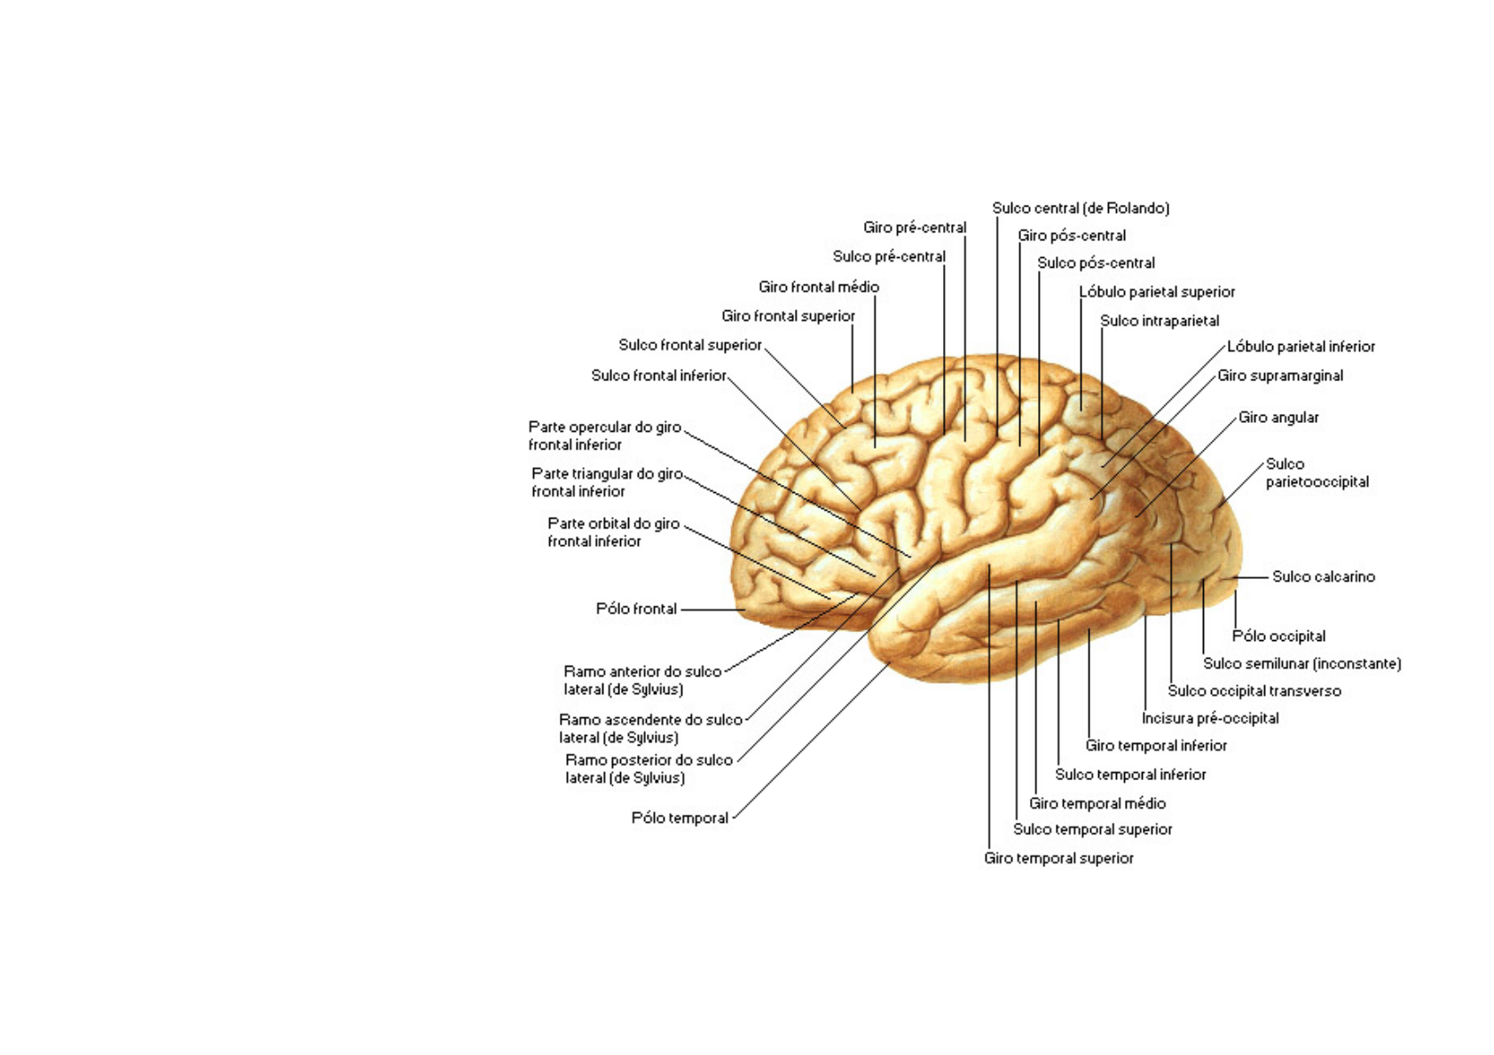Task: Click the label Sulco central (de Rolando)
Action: point(1081,208)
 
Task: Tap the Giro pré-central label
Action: point(915,228)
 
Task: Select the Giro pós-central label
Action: point(1071,236)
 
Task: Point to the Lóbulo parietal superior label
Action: point(1157,292)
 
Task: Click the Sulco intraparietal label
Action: point(1160,321)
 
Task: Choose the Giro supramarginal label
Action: point(1280,376)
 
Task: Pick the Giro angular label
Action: point(1278,418)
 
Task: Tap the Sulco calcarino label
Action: point(1324,576)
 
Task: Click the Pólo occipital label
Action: point(1278,637)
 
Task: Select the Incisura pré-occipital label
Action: point(1210,718)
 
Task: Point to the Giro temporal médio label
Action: point(1097,804)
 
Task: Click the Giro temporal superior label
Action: point(1058,858)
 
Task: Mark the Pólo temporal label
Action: point(680,817)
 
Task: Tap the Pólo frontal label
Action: point(636,609)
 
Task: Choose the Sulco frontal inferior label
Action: point(658,376)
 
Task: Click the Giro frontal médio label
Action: point(818,287)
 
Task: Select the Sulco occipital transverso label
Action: point(1254,692)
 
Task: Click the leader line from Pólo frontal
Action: point(713,610)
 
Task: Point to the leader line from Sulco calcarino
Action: point(1250,577)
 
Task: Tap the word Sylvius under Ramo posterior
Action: point(657,778)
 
